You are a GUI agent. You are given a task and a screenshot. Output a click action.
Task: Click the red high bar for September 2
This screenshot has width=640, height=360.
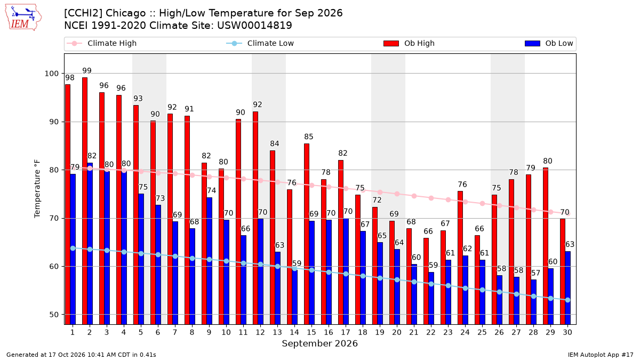coord(85,201)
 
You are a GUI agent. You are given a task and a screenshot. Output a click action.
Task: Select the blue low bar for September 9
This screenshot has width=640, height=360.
coord(210,261)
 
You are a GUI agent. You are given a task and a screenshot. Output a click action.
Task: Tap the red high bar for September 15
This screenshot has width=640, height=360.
coord(307,234)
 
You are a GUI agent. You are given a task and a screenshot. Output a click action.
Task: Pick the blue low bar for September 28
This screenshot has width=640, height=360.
coord(533,302)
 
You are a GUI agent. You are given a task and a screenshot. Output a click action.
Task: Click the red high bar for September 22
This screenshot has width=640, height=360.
coord(426,281)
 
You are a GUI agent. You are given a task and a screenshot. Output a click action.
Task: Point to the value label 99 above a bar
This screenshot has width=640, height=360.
coord(87,71)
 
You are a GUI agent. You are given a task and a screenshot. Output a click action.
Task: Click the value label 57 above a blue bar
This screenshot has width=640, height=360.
coord(535,273)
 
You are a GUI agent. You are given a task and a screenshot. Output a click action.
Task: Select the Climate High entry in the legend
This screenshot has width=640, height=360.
coord(102,43)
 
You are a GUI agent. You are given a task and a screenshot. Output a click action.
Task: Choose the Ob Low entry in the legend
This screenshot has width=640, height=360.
coord(549,43)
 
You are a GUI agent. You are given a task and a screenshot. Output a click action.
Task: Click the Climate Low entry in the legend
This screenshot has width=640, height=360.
coord(260,43)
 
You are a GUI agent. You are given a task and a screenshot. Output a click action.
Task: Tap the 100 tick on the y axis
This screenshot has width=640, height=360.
coord(51,74)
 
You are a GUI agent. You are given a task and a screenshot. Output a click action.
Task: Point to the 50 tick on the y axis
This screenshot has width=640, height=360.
coord(54,315)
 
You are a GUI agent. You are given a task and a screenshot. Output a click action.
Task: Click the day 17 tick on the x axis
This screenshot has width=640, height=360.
coord(346,332)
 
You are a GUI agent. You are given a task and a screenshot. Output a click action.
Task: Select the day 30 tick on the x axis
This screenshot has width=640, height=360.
coord(567,332)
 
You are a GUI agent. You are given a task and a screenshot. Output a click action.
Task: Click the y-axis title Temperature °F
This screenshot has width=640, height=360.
coord(37,189)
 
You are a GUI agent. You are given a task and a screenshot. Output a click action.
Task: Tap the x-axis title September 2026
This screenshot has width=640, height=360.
coord(319,343)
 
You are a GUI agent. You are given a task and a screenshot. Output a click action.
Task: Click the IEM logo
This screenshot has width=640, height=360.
coord(23,18)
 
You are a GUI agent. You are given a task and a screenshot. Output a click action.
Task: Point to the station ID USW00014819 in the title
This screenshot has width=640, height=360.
coord(254,26)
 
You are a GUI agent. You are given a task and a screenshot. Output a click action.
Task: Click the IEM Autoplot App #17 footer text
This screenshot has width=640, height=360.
coord(601,355)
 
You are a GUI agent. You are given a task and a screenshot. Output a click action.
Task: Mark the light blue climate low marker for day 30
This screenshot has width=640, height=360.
coord(567,300)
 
